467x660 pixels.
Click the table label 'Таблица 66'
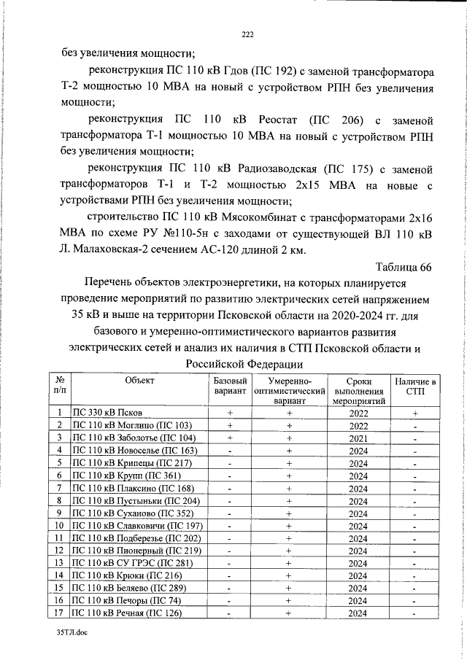click(x=404, y=267)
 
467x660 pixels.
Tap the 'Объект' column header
click(x=139, y=381)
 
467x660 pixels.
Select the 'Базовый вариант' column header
click(x=230, y=386)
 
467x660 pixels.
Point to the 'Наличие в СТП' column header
click(x=414, y=386)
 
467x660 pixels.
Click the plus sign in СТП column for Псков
click(x=414, y=412)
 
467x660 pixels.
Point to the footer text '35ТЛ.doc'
click(x=71, y=635)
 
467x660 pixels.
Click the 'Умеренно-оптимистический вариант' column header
click(x=290, y=391)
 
